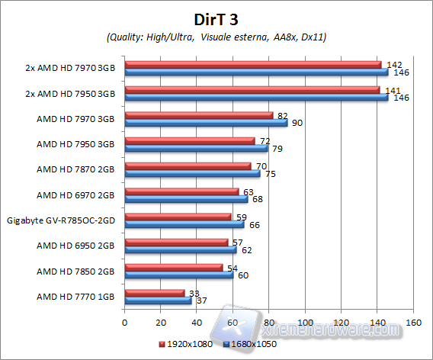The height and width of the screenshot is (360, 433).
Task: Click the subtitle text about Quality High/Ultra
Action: [216, 36]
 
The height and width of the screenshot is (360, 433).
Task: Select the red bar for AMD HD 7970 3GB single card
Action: [198, 115]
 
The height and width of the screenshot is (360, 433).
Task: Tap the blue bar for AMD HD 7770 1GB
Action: [158, 301]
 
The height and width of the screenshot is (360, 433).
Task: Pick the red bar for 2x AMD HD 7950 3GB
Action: [252, 90]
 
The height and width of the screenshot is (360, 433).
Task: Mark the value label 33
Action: [194, 292]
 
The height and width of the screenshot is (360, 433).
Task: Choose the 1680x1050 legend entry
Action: [251, 344]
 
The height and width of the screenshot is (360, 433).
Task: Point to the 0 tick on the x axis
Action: [124, 322]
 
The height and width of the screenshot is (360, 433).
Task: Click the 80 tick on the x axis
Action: [268, 322]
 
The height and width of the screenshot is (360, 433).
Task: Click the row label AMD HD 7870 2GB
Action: [76, 169]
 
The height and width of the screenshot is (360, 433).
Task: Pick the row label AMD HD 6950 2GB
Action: [76, 246]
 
